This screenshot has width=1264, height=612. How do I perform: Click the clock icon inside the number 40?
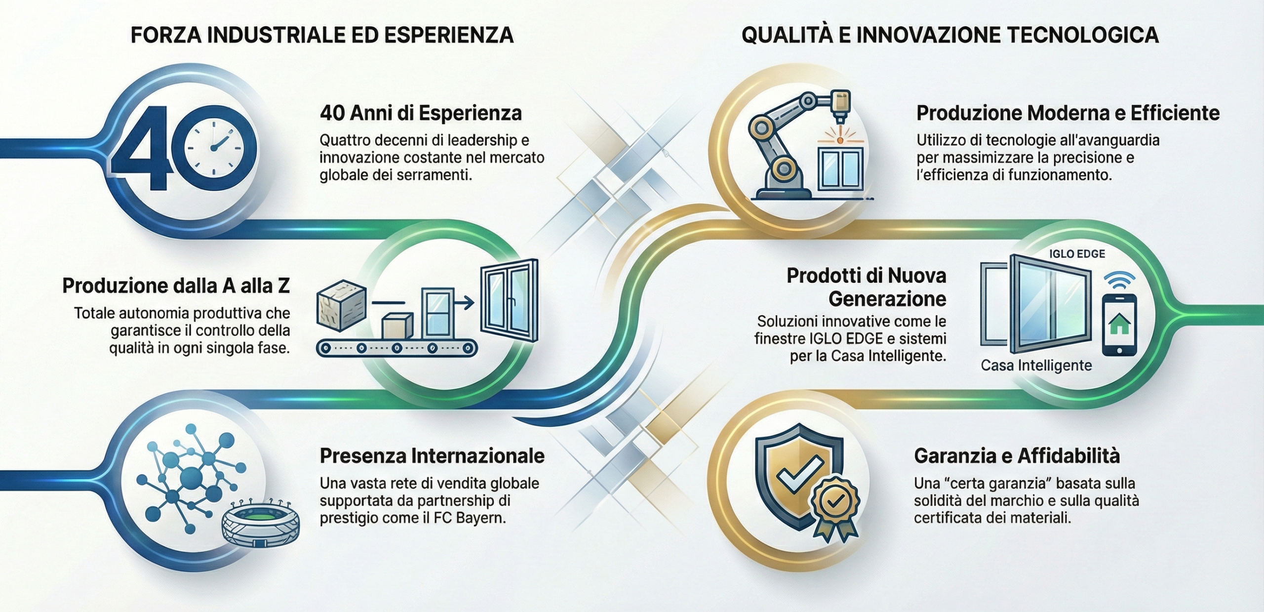coord(215,148)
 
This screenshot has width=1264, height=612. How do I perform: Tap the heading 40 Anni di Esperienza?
coord(421,113)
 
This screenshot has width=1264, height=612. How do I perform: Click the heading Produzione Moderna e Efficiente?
coord(1068,113)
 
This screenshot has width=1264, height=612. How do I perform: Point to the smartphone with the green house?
coord(1119,324)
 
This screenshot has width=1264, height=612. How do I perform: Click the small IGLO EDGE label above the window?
coord(1077,254)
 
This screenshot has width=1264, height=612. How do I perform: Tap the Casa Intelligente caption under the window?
coord(1036,366)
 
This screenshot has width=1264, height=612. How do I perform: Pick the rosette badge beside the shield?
coord(835,509)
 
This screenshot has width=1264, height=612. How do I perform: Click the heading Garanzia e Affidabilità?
coord(1017,455)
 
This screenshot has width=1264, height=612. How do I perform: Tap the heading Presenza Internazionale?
coord(432,455)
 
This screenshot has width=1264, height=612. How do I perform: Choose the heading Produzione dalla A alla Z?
coord(176,286)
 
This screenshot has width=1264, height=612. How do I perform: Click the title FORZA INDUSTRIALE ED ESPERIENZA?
coord(322,36)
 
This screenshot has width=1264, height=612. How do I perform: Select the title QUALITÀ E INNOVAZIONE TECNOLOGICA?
coord(950,35)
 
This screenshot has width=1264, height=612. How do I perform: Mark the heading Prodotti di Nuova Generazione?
coord(866,287)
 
